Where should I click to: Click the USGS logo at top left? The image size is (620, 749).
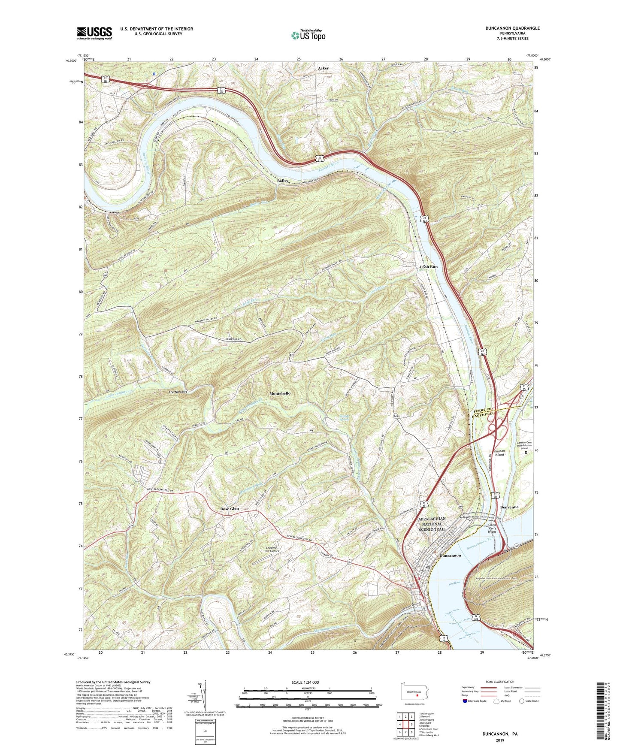click(94, 33)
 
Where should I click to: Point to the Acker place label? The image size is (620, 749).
click(324, 68)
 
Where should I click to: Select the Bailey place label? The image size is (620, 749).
click(282, 181)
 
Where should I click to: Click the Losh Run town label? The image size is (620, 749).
click(428, 267)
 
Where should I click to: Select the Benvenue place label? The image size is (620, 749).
click(509, 507)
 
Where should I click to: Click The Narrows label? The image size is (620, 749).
click(178, 392)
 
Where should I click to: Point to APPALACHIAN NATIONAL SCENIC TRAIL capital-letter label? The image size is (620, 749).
click(432, 524)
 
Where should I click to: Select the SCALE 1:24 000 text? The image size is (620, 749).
click(307, 682)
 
